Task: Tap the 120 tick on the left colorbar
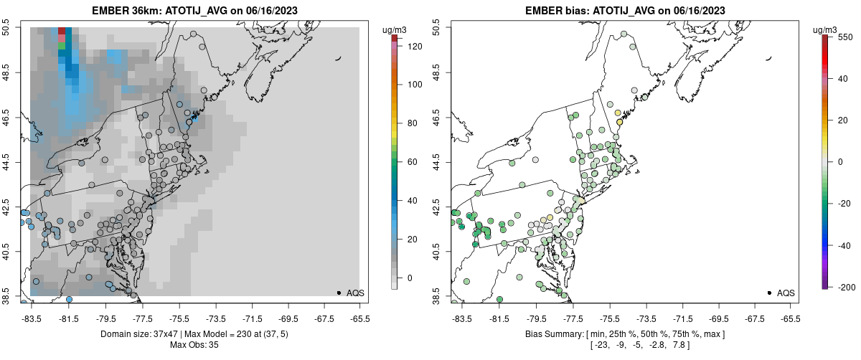406,46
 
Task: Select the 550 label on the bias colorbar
844,37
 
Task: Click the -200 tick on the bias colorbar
844,287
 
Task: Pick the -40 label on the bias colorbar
844,245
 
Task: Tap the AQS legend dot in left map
339,293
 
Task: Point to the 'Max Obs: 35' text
194,345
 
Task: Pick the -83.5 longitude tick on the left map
32,318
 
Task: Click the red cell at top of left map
62,32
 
